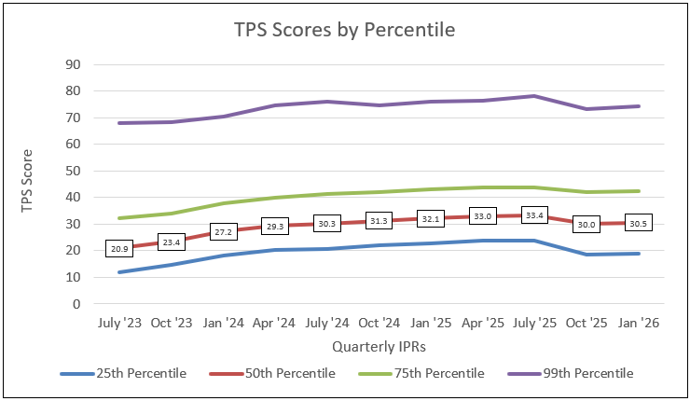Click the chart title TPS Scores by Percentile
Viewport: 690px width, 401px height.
tap(345, 30)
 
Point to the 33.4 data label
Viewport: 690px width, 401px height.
tap(533, 215)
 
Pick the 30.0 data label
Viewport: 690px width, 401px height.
tap(586, 225)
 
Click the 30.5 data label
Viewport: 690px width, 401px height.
tap(637, 224)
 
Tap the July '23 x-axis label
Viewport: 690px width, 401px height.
tap(120, 324)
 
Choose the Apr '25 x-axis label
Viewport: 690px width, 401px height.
tap(482, 324)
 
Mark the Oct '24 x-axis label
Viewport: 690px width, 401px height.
tap(379, 324)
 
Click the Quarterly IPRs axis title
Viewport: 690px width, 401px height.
tap(379, 346)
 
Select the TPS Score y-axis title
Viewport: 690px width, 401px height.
tap(29, 184)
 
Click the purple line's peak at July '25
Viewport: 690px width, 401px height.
tap(533, 96)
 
